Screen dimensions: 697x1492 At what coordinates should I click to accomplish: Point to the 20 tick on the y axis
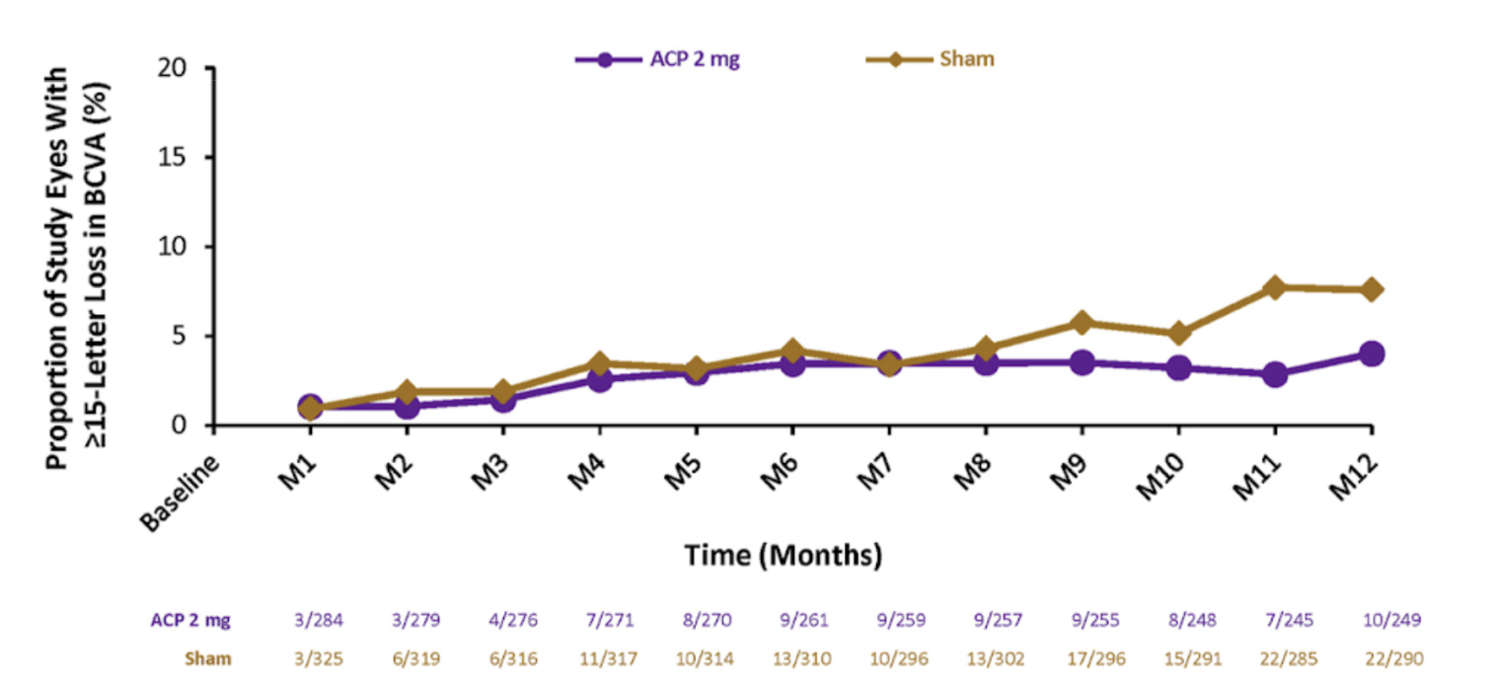183,68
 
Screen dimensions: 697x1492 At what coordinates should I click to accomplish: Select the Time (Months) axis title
783,555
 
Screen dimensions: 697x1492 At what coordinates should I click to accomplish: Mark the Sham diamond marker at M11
1275,287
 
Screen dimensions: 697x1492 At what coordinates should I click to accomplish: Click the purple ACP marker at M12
1371,353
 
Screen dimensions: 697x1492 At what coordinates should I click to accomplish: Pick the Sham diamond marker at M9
1082,322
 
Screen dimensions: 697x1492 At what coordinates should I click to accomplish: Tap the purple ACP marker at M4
598,379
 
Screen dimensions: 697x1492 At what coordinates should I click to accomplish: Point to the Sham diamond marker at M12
1371,289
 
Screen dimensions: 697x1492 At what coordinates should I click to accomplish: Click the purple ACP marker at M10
1178,367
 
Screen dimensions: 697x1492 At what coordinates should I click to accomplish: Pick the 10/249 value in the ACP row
1392,620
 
